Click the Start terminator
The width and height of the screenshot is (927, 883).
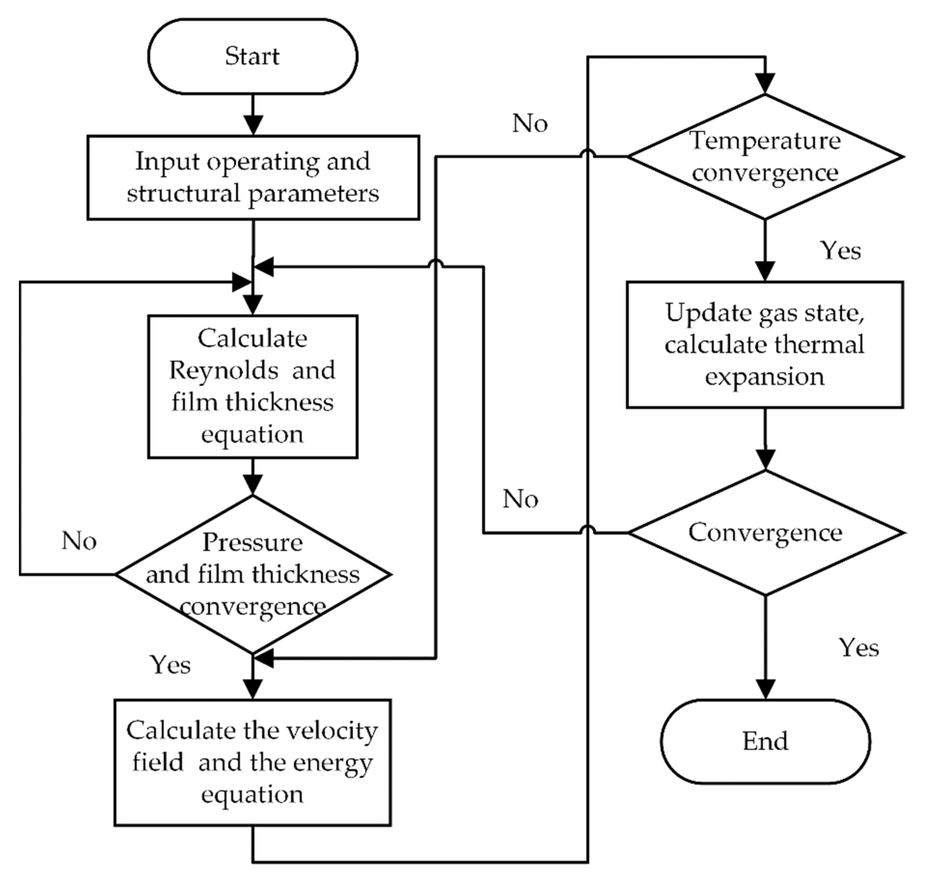pyautogui.click(x=252, y=57)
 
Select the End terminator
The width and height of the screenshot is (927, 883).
pyautogui.click(x=765, y=741)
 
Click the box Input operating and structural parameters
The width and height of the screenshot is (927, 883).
pyautogui.click(x=253, y=177)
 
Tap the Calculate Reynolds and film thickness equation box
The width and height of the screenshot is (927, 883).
pyautogui.click(x=252, y=386)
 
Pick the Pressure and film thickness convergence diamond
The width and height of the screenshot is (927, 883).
pyautogui.click(x=253, y=574)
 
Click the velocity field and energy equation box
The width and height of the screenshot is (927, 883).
pyautogui.click(x=252, y=763)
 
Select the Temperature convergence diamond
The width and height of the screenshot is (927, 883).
pyautogui.click(x=765, y=157)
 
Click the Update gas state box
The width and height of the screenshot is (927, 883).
pyautogui.click(x=765, y=345)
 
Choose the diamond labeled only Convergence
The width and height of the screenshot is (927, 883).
pyautogui.click(x=765, y=533)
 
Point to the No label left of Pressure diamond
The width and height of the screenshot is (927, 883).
pyautogui.click(x=79, y=541)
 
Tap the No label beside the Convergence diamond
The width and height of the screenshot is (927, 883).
pyautogui.click(x=520, y=499)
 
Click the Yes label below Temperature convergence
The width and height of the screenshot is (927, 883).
pyautogui.click(x=840, y=251)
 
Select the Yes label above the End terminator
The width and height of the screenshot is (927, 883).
pyautogui.click(x=859, y=648)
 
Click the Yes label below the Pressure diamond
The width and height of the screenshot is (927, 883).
pyautogui.click(x=171, y=665)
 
